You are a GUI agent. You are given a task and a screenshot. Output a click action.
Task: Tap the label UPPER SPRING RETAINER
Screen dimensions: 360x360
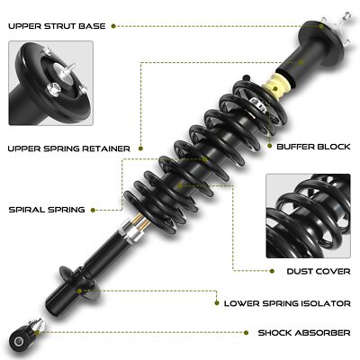click(x=68, y=147)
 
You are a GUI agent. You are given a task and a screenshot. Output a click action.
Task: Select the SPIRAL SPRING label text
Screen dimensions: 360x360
click(x=46, y=209)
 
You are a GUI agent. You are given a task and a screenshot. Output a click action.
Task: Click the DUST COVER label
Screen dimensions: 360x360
click(x=318, y=269)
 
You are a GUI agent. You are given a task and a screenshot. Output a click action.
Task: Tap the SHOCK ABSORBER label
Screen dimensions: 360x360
click(x=303, y=333)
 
